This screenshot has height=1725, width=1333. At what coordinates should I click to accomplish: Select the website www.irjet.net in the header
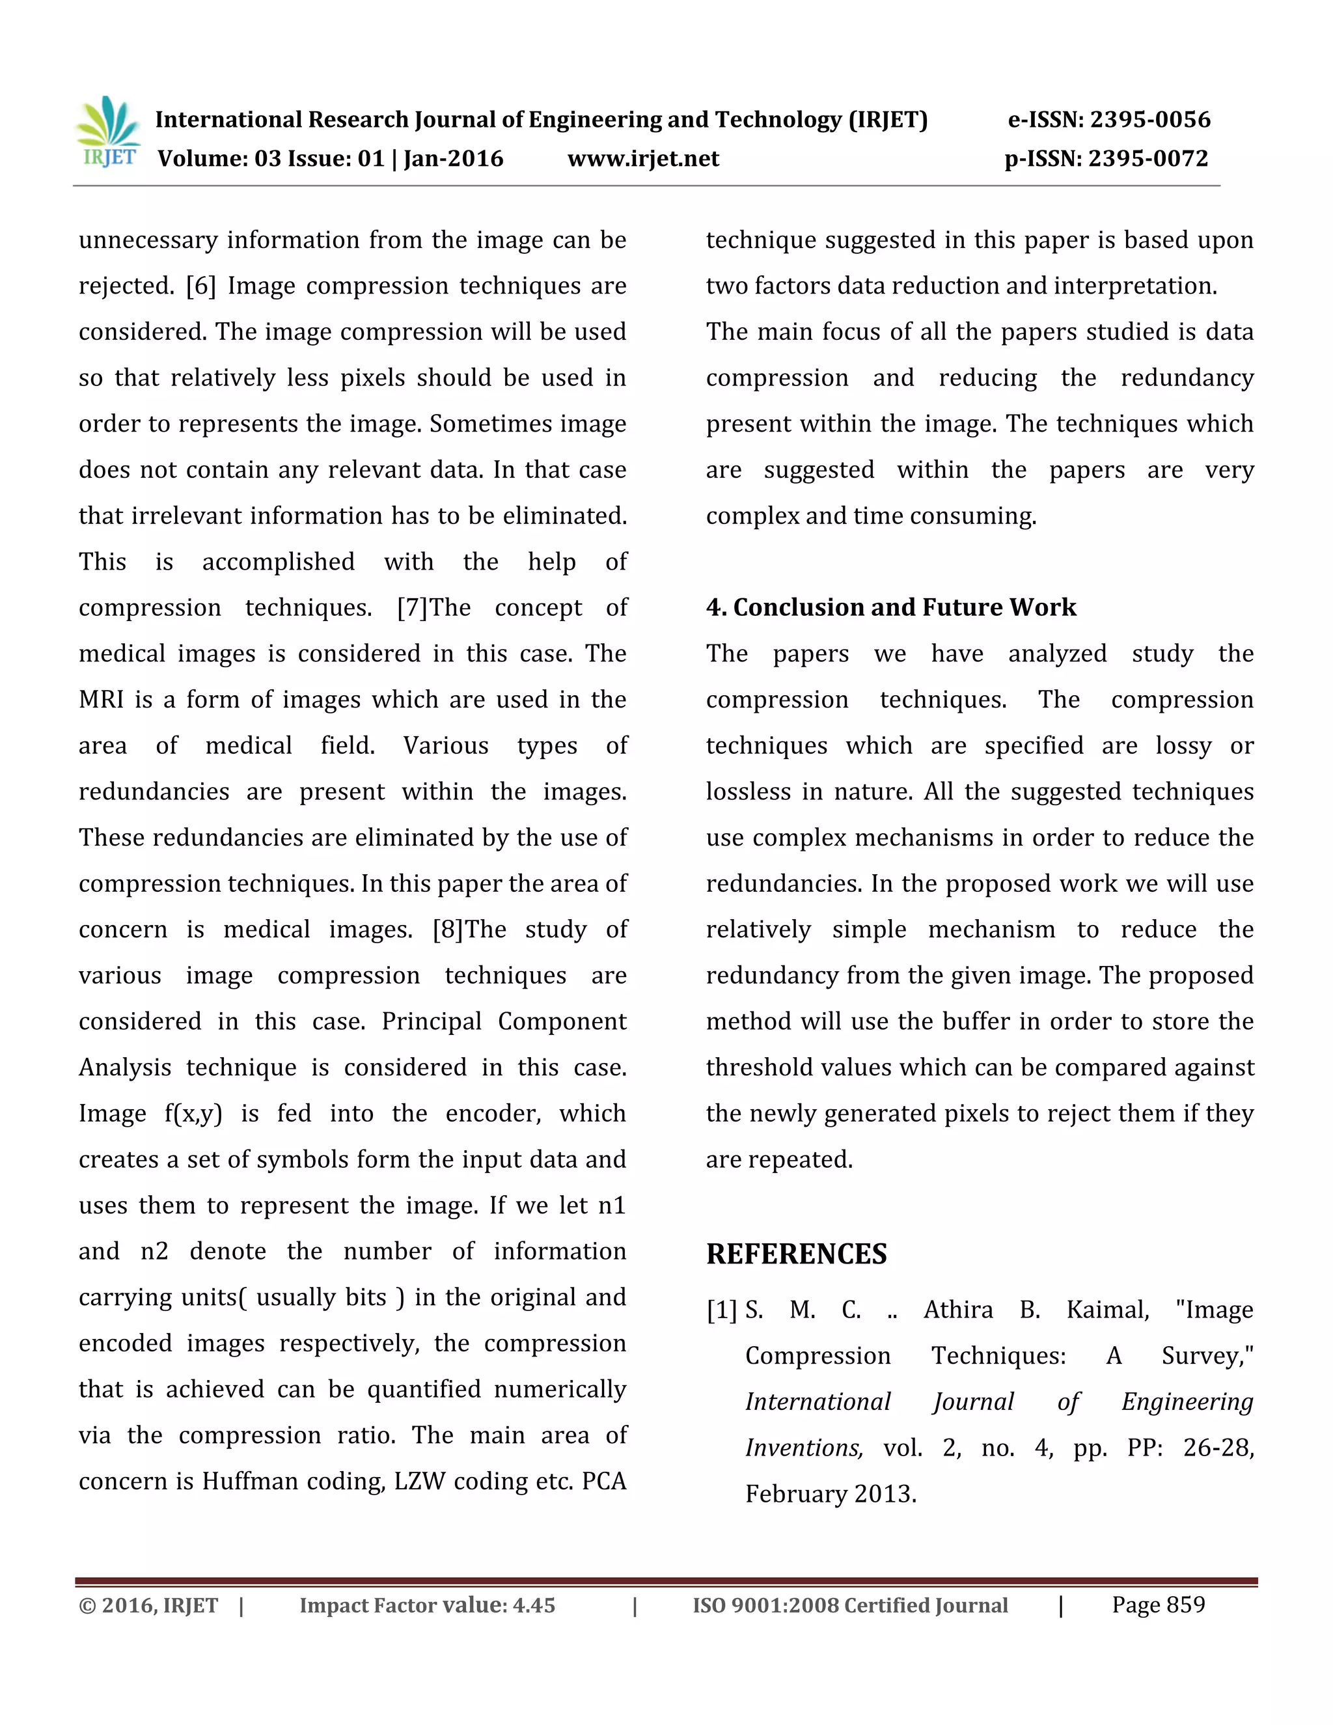coord(643,159)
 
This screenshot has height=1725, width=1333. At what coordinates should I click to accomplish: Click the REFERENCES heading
coord(796,1254)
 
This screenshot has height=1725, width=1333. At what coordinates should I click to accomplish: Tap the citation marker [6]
coord(200,286)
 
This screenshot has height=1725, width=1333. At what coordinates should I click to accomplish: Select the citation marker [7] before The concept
coord(412,608)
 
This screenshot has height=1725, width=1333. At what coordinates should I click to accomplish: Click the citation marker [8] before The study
coord(448,930)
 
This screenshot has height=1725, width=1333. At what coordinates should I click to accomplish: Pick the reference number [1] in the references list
coord(721,1310)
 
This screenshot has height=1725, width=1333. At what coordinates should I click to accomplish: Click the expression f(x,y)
coord(193,1114)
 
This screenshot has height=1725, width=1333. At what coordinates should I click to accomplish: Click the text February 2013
coord(831,1495)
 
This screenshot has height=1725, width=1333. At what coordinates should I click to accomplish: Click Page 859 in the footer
coord(1159,1605)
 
